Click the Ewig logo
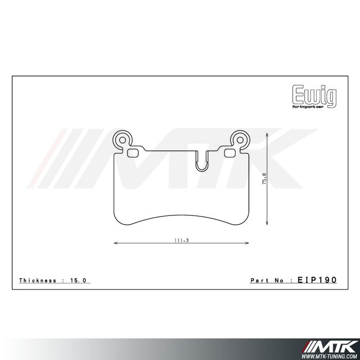tap(315, 95)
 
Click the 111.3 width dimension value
tap(180, 240)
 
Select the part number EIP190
tap(317, 280)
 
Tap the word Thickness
tap(38, 280)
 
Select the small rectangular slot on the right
tap(230, 152)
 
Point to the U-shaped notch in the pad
tap(201, 160)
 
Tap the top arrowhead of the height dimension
tap(268, 133)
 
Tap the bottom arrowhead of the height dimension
tap(268, 224)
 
